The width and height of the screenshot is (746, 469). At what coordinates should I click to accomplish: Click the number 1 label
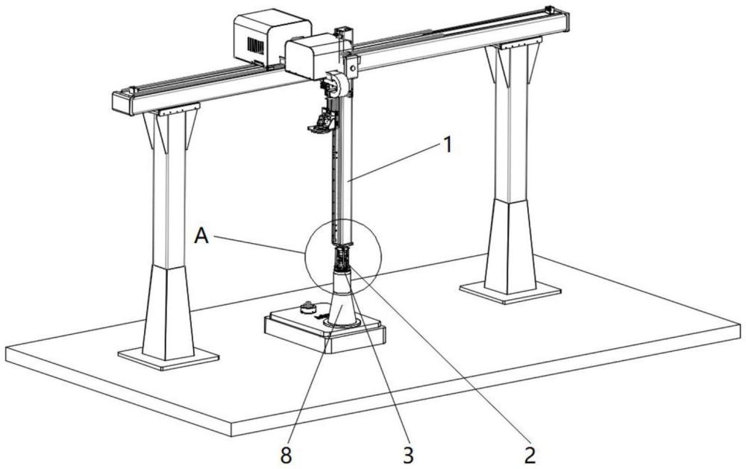(x=447, y=145)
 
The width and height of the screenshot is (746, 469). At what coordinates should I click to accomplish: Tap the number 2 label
(x=530, y=455)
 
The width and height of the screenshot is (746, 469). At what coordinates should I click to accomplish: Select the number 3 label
(x=408, y=455)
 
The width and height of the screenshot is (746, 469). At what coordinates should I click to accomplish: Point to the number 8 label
(x=286, y=456)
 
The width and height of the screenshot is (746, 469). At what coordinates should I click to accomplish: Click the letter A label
(x=201, y=235)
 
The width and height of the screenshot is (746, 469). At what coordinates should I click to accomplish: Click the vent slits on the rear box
(x=255, y=45)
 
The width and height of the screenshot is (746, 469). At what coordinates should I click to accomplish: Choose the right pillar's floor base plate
(x=510, y=291)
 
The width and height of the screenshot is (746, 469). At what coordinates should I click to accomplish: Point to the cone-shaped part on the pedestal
(x=342, y=299)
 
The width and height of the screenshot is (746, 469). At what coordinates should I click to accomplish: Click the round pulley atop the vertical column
(x=339, y=82)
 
